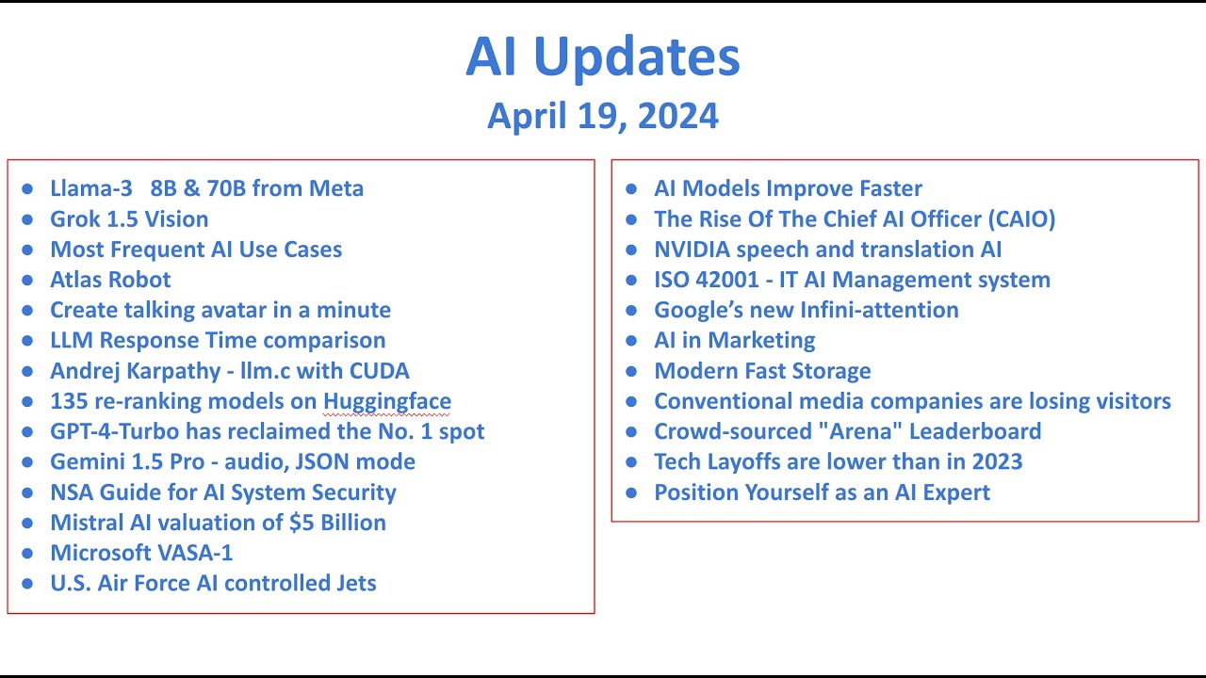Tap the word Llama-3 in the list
point(90,188)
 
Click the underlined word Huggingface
point(387,401)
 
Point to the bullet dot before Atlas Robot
point(27,281)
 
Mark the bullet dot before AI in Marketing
point(632,341)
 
